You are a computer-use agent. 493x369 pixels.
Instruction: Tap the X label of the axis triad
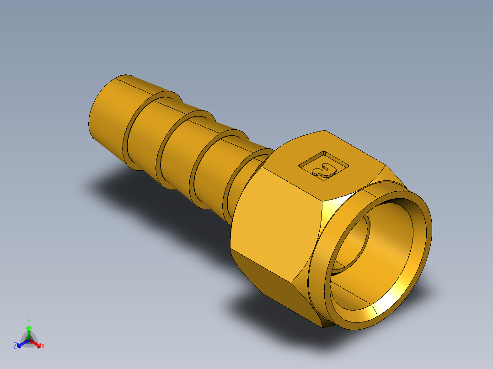[43, 346]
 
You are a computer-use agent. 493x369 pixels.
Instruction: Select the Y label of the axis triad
[29, 321]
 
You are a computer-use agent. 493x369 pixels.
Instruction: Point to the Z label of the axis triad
[15, 346]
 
